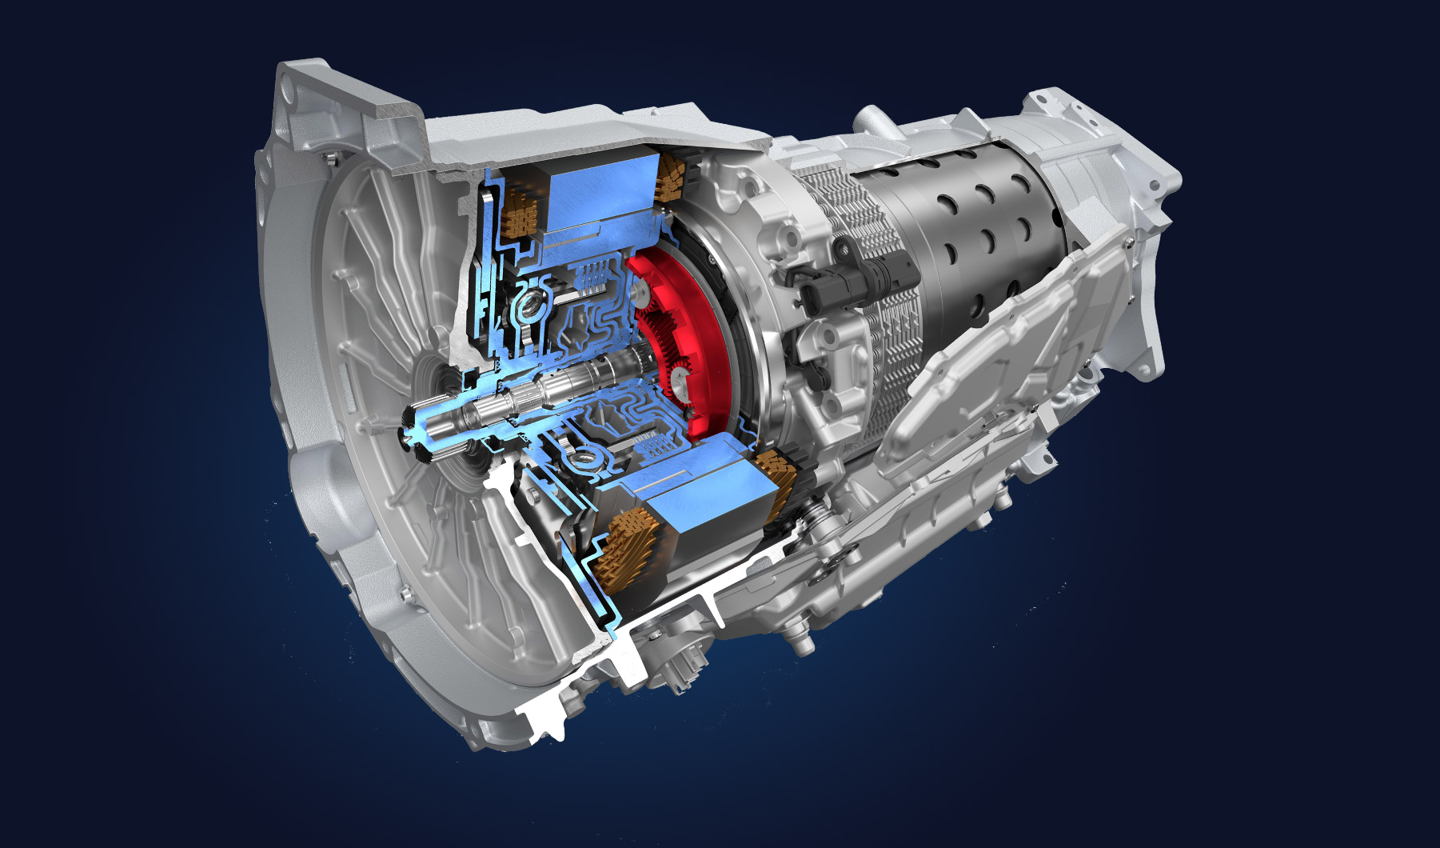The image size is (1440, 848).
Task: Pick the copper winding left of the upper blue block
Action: pyautogui.click(x=523, y=212)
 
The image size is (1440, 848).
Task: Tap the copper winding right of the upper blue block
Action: pyautogui.click(x=670, y=178)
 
